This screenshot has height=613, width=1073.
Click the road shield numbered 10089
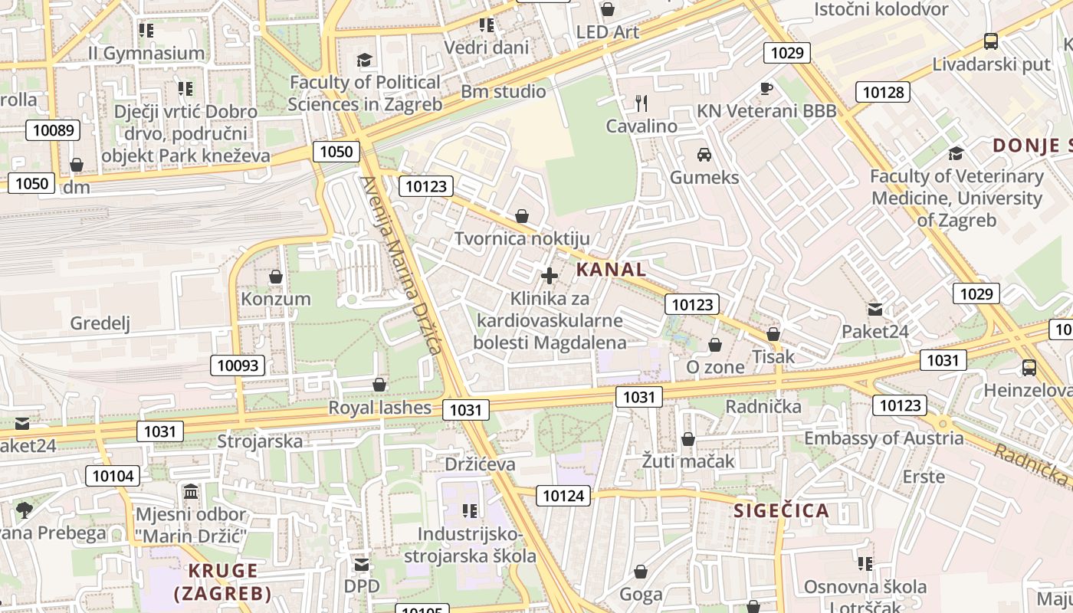(53, 130)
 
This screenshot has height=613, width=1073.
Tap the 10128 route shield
(883, 93)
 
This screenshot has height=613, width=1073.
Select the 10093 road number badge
(238, 366)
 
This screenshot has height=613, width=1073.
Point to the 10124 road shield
(563, 496)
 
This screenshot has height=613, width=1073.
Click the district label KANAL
(611, 269)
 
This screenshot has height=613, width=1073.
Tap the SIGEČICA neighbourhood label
(782, 511)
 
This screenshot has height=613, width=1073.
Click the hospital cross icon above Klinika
(549, 276)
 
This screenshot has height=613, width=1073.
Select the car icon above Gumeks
(704, 155)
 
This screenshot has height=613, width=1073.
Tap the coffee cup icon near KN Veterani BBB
(766, 88)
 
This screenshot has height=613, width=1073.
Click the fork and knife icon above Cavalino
(642, 103)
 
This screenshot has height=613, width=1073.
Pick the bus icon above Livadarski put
(991, 41)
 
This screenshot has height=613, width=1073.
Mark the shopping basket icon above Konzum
(276, 276)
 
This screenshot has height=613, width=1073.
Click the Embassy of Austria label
(884, 438)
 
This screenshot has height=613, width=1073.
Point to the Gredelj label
(100, 323)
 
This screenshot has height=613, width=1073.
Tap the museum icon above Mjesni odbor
(191, 490)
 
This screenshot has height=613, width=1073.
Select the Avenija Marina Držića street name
(401, 264)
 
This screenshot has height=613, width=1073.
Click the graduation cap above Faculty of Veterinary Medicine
(956, 154)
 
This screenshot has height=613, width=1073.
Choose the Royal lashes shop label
(380, 408)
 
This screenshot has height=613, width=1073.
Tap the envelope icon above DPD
(362, 565)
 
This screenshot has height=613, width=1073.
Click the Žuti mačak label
(688, 461)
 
